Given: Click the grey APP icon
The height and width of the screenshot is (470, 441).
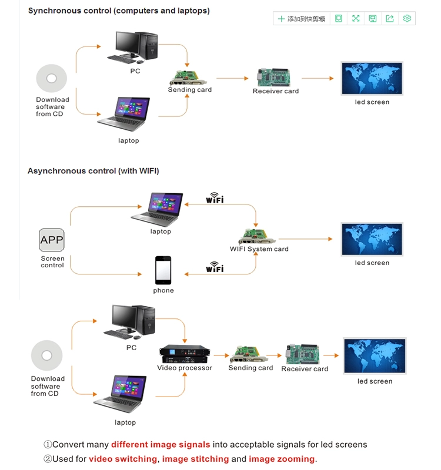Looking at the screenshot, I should coord(52,240).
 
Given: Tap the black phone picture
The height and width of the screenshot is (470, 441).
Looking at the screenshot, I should coord(163,270).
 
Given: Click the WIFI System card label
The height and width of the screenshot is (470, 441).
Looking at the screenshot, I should coord(259,249).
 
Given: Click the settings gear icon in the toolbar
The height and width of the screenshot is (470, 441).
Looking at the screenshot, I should coord(407,19).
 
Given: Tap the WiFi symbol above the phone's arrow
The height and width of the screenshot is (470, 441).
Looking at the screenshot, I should coord(215,267).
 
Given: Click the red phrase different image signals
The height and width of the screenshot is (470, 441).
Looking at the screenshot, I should coord(161,445).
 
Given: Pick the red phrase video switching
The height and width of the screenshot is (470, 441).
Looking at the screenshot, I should coord(123,459).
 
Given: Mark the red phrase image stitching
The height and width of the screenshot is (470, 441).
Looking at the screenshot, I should coord(195,459).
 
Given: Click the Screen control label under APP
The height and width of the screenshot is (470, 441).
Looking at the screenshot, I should coord(52,262).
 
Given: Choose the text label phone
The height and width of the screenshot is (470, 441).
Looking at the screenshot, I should coord(163,290).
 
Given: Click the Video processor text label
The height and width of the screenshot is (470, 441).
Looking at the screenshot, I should coord(185,368).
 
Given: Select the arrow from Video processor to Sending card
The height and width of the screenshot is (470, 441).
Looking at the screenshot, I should coord(220,355).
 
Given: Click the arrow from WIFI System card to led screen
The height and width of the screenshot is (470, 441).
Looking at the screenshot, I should coord(305,239).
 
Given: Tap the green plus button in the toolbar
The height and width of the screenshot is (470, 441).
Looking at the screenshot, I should coord(281,19).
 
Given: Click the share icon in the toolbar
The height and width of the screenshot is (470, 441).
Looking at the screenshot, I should coord(390,19).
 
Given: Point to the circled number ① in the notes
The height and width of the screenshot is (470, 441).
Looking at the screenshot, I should coord(48,445).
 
